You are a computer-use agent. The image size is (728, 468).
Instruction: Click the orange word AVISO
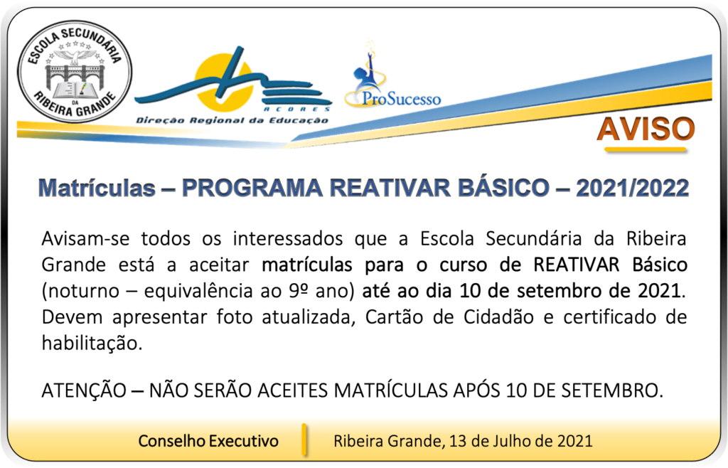click(646, 129)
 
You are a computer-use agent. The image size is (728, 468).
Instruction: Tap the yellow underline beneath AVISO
click(646, 149)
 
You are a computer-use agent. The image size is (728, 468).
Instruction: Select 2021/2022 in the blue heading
click(632, 188)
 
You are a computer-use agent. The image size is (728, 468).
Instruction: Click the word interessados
click(288, 239)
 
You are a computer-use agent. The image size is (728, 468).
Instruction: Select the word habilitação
click(92, 344)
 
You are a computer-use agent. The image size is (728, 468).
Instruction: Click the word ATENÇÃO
click(84, 390)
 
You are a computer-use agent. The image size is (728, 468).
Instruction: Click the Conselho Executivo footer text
click(208, 440)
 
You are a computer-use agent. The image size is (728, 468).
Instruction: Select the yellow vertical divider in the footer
click(304, 439)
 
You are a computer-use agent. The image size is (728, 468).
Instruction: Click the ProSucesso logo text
click(401, 98)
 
